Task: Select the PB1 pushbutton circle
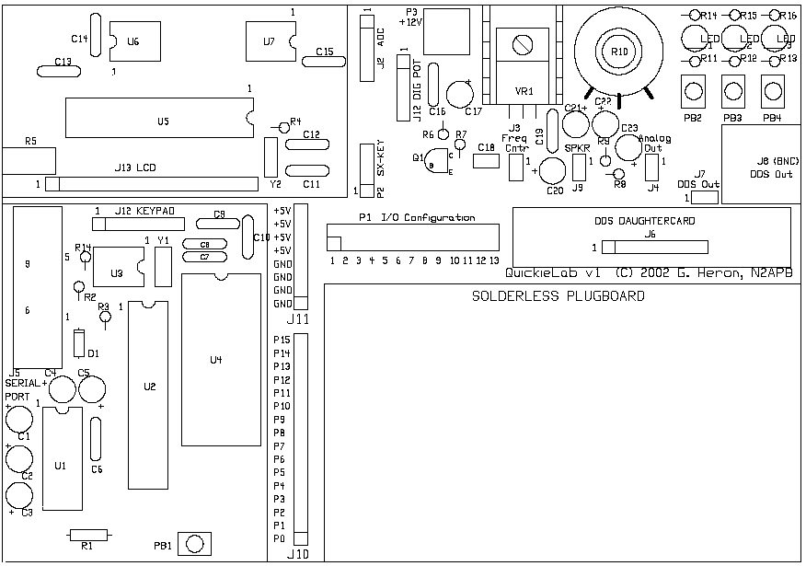pyautogui.click(x=193, y=544)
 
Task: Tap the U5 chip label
pyautogui.click(x=163, y=121)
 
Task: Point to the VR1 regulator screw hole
pyautogui.click(x=523, y=43)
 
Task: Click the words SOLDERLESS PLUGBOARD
pyautogui.click(x=558, y=297)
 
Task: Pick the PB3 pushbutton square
pyautogui.click(x=732, y=92)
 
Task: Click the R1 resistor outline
pyautogui.click(x=88, y=534)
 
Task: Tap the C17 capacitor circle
pyautogui.click(x=460, y=93)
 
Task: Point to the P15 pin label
pyautogui.click(x=282, y=340)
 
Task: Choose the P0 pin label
pyautogui.click(x=280, y=537)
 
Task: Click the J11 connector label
pyautogui.click(x=298, y=319)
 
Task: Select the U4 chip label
pyautogui.click(x=216, y=359)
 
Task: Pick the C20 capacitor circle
pyautogui.click(x=552, y=170)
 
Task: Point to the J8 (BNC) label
pyautogui.click(x=771, y=160)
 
